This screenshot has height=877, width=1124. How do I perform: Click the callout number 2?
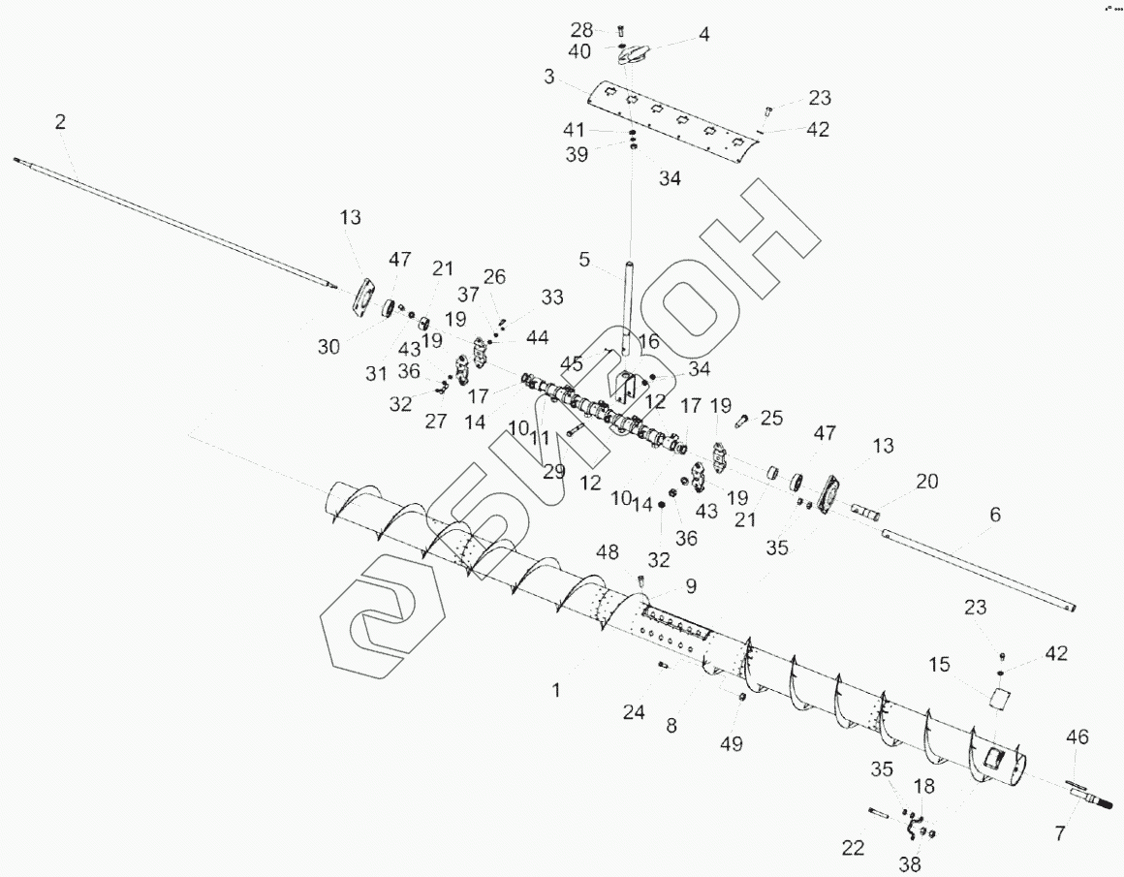[x=60, y=122]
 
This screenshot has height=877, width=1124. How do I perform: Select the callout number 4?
[x=703, y=35]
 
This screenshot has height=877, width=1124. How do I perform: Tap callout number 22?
[x=852, y=848]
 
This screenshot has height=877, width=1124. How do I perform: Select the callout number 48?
[x=608, y=553]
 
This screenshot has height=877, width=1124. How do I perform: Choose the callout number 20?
[x=927, y=482]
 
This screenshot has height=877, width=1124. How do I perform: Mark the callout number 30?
[x=329, y=346]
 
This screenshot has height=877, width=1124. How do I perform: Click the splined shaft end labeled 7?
[x=1090, y=801]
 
